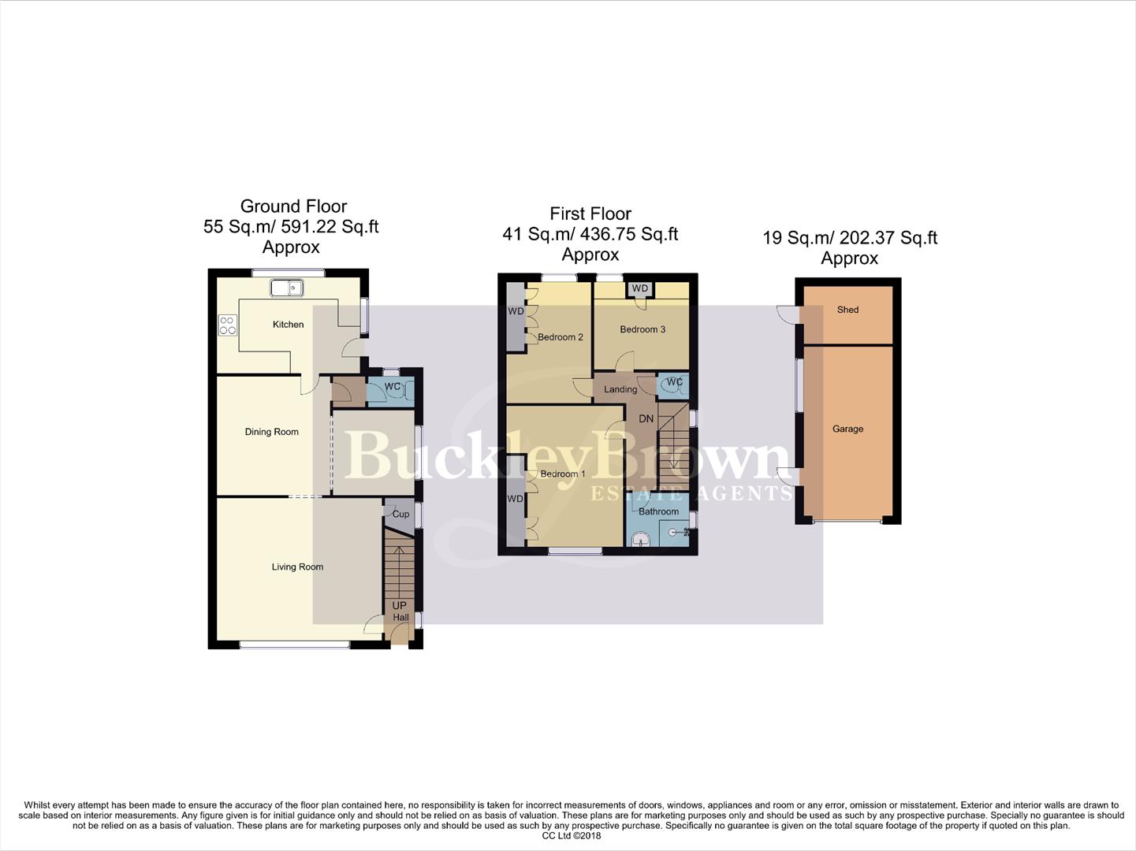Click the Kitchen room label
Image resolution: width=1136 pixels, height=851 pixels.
(x=288, y=325)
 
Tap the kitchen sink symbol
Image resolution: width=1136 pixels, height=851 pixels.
(x=287, y=288)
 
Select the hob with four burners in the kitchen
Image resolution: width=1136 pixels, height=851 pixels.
(x=228, y=325)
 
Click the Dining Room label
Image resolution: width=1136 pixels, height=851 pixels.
(x=271, y=432)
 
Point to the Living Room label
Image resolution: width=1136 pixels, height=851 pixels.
(x=297, y=567)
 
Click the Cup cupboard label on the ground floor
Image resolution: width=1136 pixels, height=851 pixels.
(x=400, y=515)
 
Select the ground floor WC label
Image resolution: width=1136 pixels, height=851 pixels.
(x=393, y=387)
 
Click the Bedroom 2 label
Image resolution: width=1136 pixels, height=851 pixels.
(x=561, y=337)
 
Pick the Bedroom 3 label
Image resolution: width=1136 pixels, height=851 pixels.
(x=642, y=329)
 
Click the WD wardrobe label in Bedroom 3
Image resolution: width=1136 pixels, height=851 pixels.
(x=640, y=289)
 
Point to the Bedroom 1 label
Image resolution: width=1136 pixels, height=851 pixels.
(x=563, y=474)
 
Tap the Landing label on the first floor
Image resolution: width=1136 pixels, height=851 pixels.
(x=620, y=389)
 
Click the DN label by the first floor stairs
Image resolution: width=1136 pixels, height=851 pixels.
(x=646, y=418)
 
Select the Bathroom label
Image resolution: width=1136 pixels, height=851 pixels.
(x=658, y=511)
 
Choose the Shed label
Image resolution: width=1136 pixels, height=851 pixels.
(x=847, y=310)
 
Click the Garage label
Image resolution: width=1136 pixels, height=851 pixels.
(x=847, y=429)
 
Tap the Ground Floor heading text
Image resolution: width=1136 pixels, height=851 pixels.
(x=293, y=206)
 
